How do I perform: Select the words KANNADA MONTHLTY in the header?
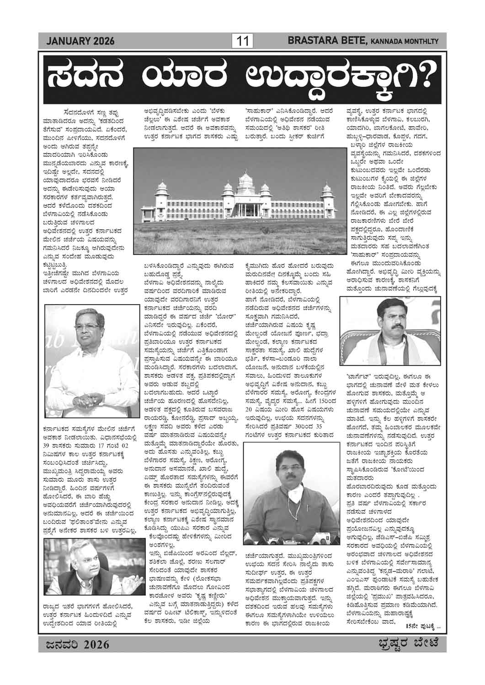(405, 42)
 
